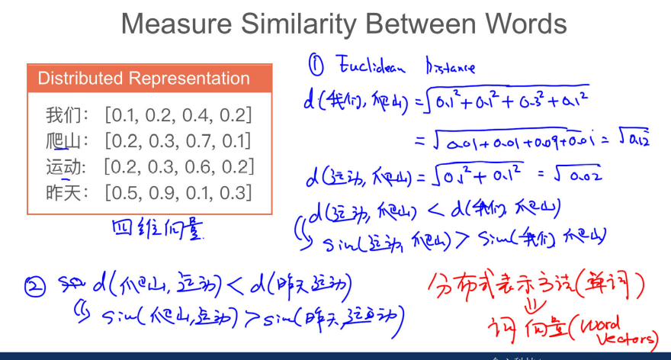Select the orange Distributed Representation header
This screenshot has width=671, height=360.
(144, 79)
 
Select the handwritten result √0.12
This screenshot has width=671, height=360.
(631, 139)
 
